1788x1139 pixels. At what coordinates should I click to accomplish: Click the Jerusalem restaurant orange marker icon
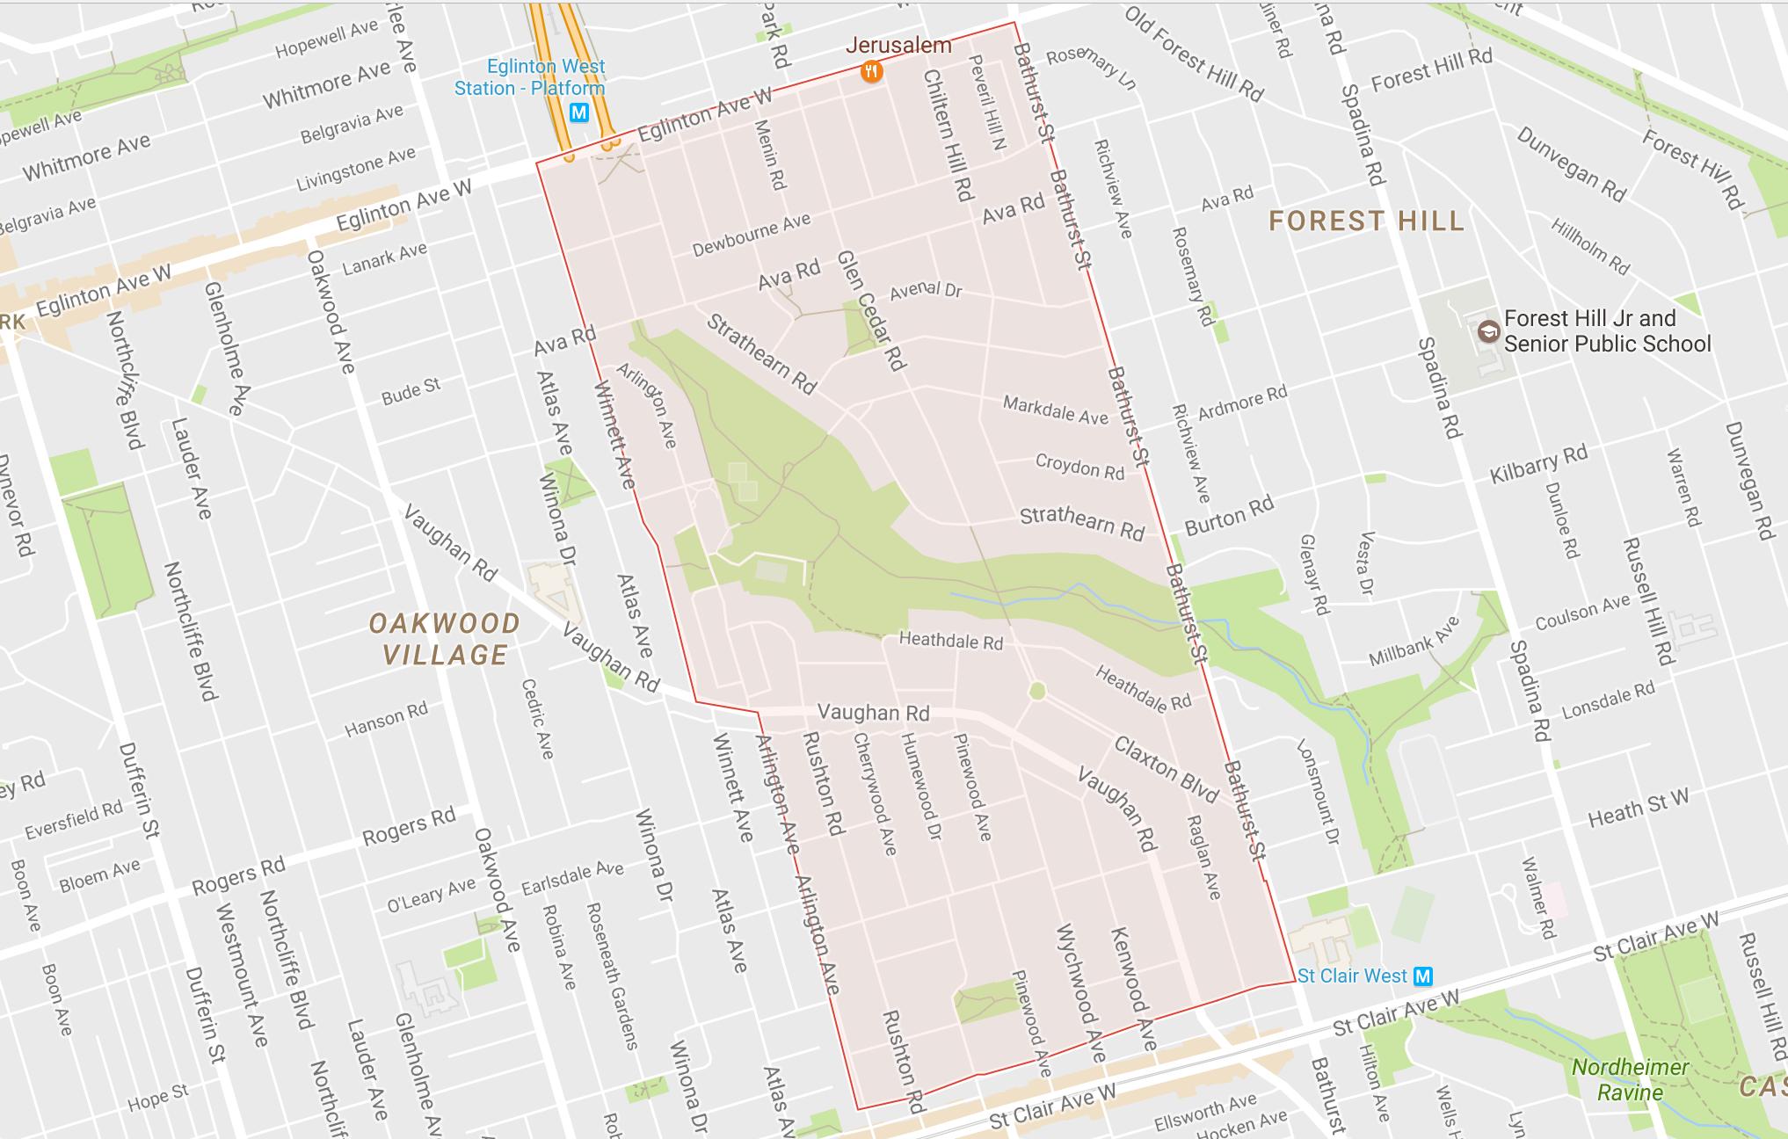(x=871, y=71)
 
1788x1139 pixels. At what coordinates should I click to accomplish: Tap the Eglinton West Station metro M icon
(x=578, y=113)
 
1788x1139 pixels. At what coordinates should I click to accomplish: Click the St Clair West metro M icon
(x=1422, y=976)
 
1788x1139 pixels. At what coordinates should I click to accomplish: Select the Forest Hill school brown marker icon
(x=1488, y=331)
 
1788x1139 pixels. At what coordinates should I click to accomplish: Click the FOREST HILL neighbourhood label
(x=1366, y=221)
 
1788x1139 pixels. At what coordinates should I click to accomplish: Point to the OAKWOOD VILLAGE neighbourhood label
(x=445, y=639)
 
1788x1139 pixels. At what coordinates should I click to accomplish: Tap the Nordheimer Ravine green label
(x=1630, y=1080)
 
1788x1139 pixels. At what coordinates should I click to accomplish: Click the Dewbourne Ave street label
(x=751, y=235)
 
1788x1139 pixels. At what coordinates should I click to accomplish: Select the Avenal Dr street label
(x=925, y=289)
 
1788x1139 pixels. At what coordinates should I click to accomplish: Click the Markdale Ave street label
(x=1055, y=410)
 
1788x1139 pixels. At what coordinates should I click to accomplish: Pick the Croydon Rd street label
(x=1079, y=467)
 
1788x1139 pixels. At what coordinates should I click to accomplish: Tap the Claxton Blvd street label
(x=1166, y=769)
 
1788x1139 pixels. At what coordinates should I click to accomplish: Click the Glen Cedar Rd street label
(x=870, y=309)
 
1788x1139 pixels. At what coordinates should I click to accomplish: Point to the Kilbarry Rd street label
(x=1537, y=463)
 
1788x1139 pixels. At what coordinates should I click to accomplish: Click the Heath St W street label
(x=1638, y=809)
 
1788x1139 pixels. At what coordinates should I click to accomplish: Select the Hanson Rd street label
(x=386, y=720)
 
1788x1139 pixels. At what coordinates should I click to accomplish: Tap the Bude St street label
(x=411, y=391)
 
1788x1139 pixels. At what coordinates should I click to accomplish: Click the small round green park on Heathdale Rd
(x=1037, y=691)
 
